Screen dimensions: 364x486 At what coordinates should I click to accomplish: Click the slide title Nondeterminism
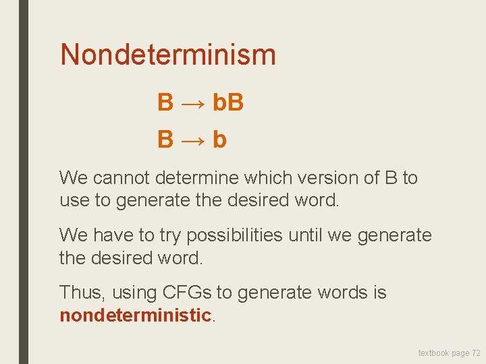point(168,55)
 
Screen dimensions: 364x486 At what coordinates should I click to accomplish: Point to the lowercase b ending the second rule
point(219,140)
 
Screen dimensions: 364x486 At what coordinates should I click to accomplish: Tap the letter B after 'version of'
point(391,178)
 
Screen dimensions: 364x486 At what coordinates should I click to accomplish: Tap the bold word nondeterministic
point(136,315)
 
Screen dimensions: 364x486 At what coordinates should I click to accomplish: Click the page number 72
point(476,353)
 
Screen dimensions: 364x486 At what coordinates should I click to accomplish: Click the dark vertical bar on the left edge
point(24,182)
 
